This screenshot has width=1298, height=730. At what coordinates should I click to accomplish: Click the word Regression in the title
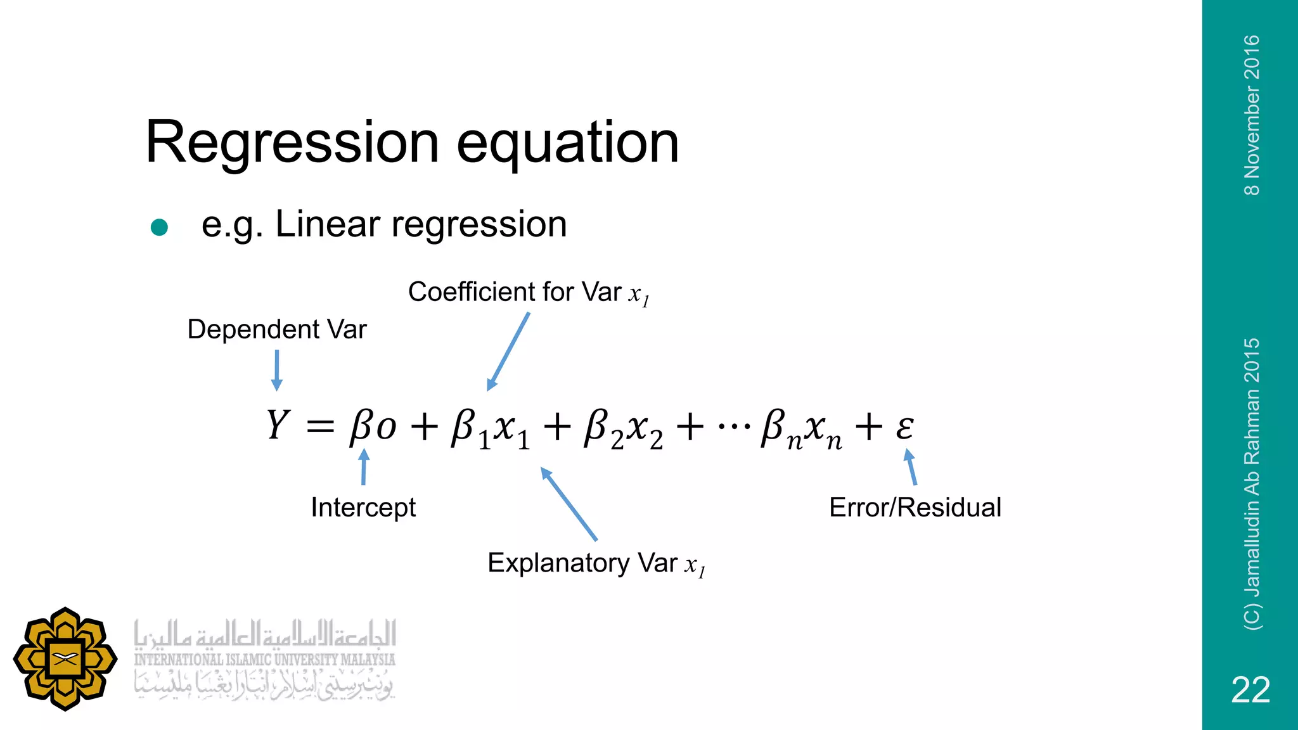292,143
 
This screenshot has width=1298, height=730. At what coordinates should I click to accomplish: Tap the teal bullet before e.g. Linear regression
159,227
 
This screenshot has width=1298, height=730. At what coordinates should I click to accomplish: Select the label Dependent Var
277,330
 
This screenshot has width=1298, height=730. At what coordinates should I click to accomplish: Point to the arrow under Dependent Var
276,371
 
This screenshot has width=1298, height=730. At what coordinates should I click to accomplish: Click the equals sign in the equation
320,426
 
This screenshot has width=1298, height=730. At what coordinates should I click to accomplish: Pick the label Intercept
363,507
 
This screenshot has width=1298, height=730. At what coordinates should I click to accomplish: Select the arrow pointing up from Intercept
364,467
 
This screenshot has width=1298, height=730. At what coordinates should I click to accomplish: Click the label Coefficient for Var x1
529,293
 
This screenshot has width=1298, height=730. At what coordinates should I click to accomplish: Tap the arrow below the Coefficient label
508,352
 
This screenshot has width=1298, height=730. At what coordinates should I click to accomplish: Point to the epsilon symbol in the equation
904,426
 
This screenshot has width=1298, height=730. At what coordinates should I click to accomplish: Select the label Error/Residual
915,507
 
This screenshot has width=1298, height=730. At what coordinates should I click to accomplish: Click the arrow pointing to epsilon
911,467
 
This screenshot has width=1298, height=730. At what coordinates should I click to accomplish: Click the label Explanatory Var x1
596,563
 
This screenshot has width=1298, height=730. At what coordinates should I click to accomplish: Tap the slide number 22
1250,689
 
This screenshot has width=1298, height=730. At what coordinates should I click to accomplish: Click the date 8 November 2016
1252,115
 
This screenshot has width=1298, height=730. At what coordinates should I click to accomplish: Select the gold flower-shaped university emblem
65,659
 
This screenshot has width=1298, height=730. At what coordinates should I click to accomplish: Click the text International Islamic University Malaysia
264,660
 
